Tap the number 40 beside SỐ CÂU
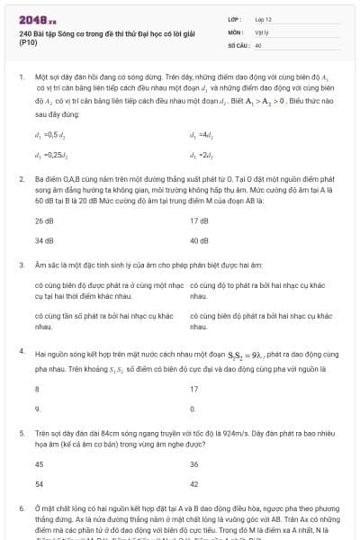[x=258, y=44]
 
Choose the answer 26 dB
[x=44, y=220]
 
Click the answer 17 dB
[x=199, y=220]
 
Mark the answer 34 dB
[x=44, y=241]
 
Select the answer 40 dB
[x=199, y=241]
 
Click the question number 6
[x=21, y=509]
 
